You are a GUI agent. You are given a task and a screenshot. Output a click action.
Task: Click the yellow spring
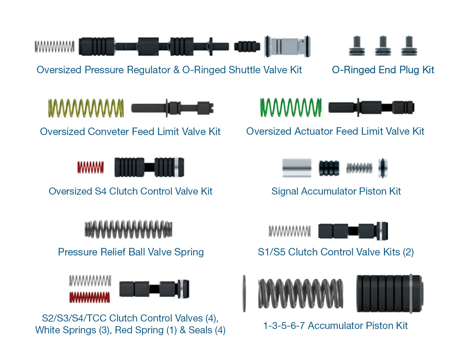coord(86,108)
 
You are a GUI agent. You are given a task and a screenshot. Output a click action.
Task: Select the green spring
coord(290,107)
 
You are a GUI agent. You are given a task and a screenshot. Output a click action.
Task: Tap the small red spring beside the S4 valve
coord(90,167)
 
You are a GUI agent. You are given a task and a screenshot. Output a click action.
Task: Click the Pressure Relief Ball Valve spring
coord(128,229)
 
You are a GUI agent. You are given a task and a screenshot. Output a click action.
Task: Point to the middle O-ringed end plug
coord(383,46)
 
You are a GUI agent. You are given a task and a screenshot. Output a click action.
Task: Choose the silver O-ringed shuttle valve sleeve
coord(287,46)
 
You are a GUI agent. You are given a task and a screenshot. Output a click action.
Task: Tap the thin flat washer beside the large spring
coord(244,293)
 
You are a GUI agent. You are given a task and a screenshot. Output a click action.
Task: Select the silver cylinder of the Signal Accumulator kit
coord(297,168)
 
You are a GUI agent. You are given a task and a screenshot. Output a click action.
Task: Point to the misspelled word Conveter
coord(108,132)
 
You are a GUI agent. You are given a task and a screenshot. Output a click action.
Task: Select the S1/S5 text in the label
coord(272,252)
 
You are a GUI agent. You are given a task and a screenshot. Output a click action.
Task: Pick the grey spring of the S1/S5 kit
coord(290,231)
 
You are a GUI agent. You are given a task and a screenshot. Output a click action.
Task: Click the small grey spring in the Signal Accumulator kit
coord(359,168)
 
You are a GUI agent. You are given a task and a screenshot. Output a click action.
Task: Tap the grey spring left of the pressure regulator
coord(55,47)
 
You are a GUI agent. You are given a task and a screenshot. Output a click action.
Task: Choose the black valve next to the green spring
coord(371,107)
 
